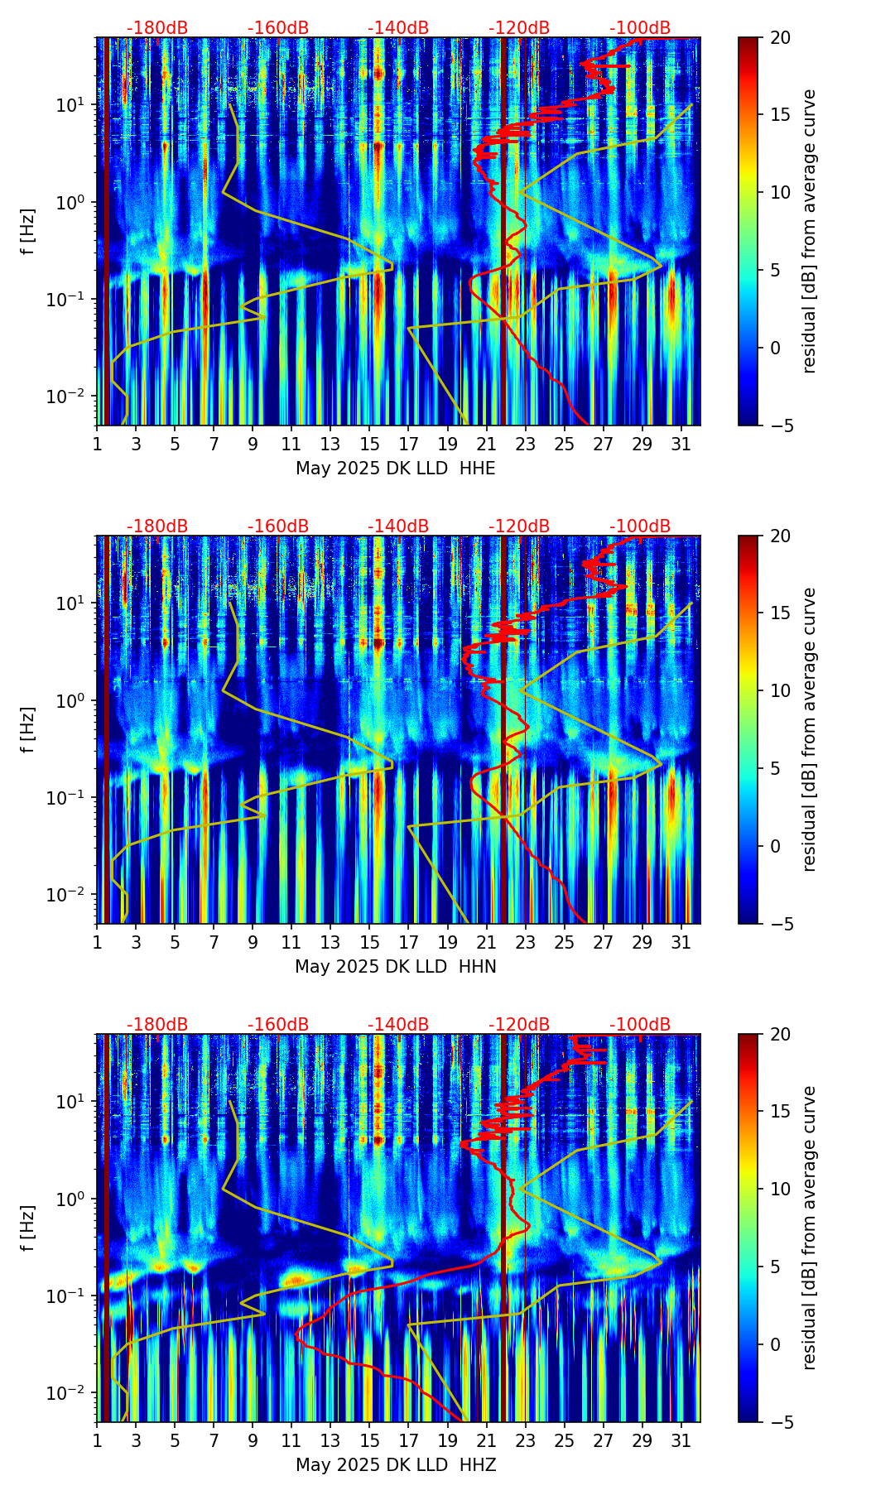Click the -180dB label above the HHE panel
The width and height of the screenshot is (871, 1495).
click(157, 28)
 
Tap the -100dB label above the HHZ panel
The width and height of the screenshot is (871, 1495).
click(640, 1025)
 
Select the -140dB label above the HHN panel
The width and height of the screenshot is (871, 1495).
click(398, 526)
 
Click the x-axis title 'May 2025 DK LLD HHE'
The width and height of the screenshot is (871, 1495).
click(396, 469)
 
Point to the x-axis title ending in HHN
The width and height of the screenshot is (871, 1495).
click(396, 967)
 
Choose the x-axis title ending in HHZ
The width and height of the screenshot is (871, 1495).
click(396, 1465)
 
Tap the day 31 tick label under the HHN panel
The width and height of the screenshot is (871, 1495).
click(681, 942)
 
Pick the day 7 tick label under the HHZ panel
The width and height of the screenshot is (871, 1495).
click(214, 1440)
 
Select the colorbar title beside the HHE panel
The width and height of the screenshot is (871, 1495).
click(809, 231)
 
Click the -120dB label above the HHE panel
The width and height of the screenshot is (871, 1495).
click(519, 28)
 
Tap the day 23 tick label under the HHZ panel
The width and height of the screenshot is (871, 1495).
click(525, 1440)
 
